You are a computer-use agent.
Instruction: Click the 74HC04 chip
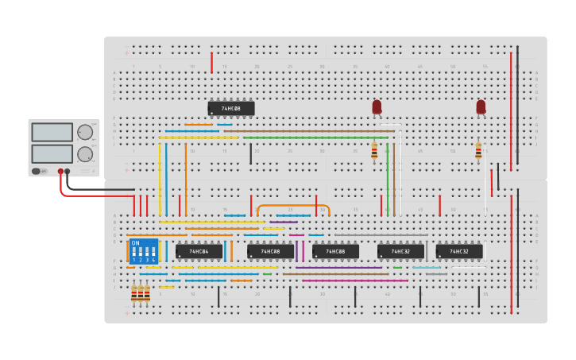[x=199, y=251]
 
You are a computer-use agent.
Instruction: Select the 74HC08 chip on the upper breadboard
[x=231, y=108]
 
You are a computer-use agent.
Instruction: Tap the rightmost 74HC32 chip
[x=459, y=251]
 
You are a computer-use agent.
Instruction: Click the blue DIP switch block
[x=144, y=251]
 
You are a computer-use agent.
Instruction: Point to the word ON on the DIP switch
[x=135, y=243]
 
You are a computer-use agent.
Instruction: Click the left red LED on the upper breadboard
[x=377, y=106]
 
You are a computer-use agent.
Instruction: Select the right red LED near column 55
[x=481, y=106]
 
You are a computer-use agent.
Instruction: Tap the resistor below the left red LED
[x=374, y=150]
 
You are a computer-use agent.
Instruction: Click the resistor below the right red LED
[x=478, y=150]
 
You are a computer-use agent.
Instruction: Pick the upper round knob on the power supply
[x=83, y=133]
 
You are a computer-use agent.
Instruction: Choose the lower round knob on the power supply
[x=83, y=154]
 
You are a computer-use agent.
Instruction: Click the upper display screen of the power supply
[x=52, y=133]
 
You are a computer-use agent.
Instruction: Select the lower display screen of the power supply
[x=52, y=153]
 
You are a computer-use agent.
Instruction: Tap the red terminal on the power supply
[x=60, y=171]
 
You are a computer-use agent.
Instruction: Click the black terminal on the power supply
[x=68, y=171]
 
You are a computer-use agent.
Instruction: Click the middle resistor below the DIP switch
[x=141, y=293]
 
